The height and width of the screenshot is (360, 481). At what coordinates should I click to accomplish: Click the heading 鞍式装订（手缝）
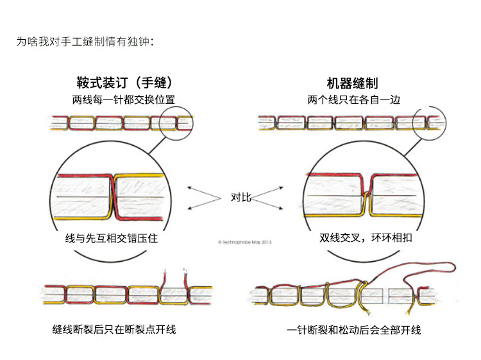pyautogui.click(x=124, y=83)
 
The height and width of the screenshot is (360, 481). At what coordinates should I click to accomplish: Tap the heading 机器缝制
pyautogui.click(x=352, y=83)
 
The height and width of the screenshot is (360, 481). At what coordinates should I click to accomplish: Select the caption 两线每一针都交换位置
pyautogui.click(x=124, y=99)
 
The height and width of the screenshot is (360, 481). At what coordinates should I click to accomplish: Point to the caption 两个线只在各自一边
pyautogui.click(x=352, y=99)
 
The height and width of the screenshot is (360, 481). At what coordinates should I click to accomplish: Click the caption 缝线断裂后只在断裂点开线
pyautogui.click(x=114, y=329)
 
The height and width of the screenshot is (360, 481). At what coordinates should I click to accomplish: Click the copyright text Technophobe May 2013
pyautogui.click(x=246, y=243)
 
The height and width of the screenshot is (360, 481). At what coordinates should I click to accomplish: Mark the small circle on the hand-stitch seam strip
pyautogui.click(x=177, y=122)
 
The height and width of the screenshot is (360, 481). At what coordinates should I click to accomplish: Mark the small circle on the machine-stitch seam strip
pyautogui.click(x=429, y=122)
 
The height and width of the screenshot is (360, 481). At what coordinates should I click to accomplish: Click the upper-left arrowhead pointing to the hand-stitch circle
pyautogui.click(x=190, y=188)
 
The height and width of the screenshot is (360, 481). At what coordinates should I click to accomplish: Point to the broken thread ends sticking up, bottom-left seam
pyautogui.click(x=173, y=276)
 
